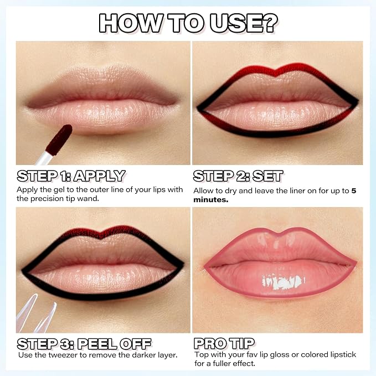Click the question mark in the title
pos(269,23)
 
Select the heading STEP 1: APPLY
pos(71,176)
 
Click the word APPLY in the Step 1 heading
pos(100,176)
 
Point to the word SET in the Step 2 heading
pos(268,176)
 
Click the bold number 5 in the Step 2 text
pos(354,191)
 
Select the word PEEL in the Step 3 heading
pos(97,344)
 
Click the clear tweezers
pos(36,314)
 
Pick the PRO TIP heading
pos(224,343)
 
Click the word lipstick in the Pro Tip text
pos(342,355)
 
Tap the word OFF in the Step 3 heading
pos(136,344)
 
